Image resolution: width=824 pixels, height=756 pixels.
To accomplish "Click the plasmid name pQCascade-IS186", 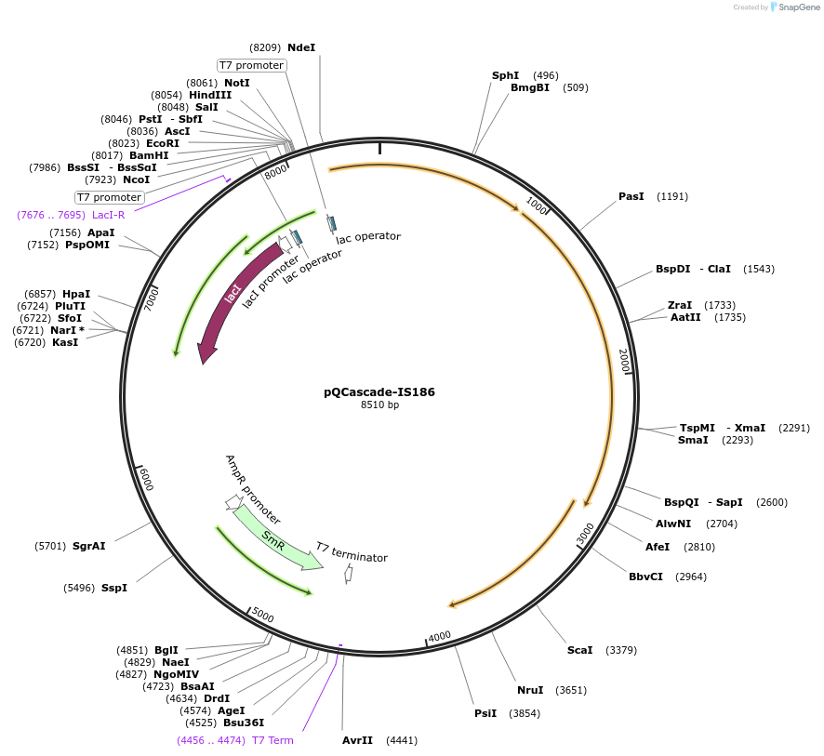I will [379, 391].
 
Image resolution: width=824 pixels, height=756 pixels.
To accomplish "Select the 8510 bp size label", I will [379, 405].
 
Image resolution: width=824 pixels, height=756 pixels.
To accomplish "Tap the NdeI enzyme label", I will [301, 47].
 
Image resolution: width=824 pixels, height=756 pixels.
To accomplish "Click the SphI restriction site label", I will [505, 75].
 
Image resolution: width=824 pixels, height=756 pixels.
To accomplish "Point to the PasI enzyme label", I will [631, 196].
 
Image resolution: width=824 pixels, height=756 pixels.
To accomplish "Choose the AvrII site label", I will [357, 740].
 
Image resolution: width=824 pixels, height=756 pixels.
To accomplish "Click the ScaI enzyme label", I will [579, 650].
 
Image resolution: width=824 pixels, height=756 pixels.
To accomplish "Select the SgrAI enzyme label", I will [88, 546].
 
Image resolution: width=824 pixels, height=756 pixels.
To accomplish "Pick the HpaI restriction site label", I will [76, 294].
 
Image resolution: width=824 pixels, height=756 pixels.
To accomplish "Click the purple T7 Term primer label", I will [272, 740].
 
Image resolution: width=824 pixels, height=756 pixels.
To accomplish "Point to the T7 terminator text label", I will [352, 552].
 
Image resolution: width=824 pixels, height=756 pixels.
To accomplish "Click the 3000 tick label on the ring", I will [585, 534].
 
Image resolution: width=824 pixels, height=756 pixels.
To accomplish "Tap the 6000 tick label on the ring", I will [146, 478].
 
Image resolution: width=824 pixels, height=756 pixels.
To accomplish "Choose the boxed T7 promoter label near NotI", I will [251, 65].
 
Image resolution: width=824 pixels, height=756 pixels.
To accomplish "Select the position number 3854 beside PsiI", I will [525, 713].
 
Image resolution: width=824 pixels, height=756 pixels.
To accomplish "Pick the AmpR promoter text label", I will [252, 490].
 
